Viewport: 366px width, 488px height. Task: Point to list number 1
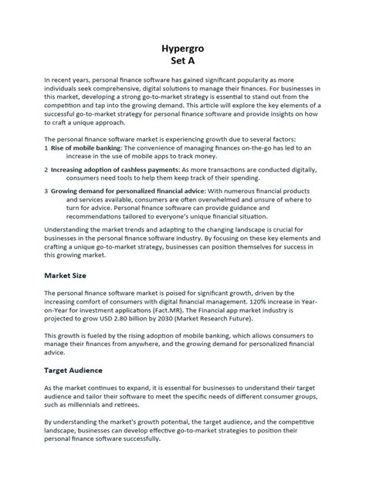click(x=46, y=147)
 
